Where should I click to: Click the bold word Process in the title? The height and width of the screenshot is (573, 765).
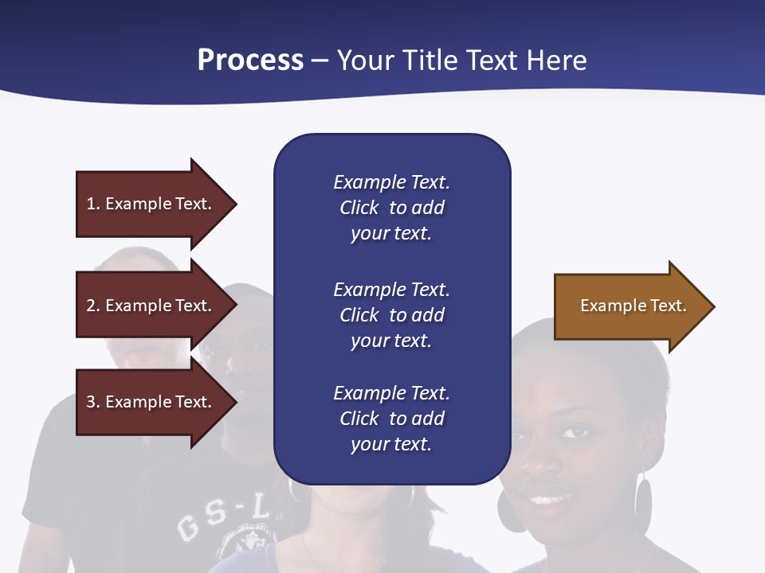[x=250, y=60]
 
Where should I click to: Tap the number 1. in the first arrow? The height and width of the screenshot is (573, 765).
[x=93, y=204]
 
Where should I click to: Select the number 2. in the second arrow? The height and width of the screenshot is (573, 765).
[x=93, y=306]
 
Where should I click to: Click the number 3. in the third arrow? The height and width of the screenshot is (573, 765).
[x=93, y=402]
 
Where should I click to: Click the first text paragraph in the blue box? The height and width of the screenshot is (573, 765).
[x=391, y=208]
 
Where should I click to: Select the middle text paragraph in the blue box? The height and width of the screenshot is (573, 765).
[x=391, y=315]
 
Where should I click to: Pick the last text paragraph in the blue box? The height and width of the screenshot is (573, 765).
[x=391, y=419]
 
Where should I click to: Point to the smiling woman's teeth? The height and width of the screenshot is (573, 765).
[x=548, y=501]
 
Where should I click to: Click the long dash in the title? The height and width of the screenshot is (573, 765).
[x=320, y=60]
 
